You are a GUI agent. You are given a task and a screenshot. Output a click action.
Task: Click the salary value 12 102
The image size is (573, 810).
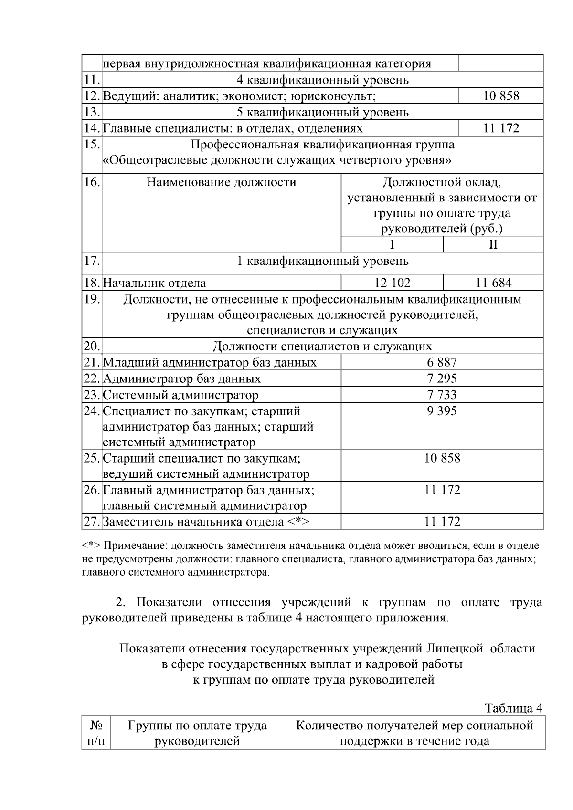tap(392, 283)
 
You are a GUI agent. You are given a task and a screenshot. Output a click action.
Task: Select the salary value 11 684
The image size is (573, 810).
tap(493, 283)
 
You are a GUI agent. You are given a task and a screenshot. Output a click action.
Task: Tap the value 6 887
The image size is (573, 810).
tap(442, 362)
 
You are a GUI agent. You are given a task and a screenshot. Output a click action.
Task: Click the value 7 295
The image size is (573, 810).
tap(442, 379)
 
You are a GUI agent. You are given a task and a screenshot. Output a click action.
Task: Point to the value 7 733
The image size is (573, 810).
tap(442, 395)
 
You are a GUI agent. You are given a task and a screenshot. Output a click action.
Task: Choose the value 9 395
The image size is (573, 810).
tap(442, 411)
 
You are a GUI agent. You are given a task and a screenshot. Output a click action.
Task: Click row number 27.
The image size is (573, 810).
tap(91, 522)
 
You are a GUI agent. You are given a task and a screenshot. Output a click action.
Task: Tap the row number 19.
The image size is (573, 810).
tap(91, 299)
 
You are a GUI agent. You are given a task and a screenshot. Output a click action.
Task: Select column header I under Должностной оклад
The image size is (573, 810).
tap(392, 245)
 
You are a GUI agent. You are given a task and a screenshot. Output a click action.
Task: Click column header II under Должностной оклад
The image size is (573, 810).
tap(493, 245)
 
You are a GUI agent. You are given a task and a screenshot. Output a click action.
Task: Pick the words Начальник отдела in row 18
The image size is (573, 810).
tap(155, 283)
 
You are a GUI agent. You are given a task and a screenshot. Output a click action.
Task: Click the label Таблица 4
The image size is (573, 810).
tap(514, 708)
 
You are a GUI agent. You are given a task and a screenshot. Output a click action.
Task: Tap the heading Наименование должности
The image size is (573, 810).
tap(221, 182)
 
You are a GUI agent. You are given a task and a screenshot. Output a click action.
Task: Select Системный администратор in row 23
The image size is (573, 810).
tap(180, 395)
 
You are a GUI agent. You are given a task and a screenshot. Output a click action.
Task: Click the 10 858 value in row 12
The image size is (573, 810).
tap(501, 96)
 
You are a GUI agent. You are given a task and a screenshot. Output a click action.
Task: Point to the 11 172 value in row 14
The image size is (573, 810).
tap(501, 128)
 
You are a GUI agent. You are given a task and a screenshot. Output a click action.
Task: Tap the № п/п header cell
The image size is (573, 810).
tap(96, 734)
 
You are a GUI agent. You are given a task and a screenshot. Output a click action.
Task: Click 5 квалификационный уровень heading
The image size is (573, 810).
tap(323, 112)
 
